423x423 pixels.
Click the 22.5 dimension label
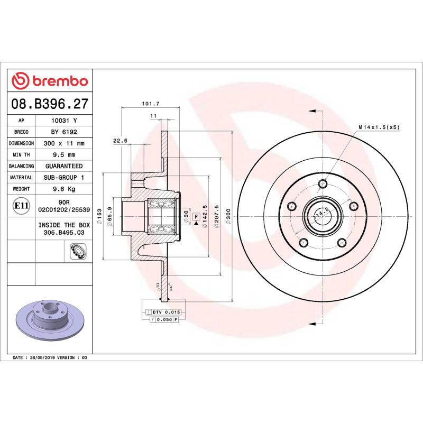point(119,141)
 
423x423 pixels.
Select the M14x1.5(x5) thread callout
point(379,127)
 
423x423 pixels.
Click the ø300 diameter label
point(228,214)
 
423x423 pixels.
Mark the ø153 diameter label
point(99,214)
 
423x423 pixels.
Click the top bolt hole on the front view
point(323,184)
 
